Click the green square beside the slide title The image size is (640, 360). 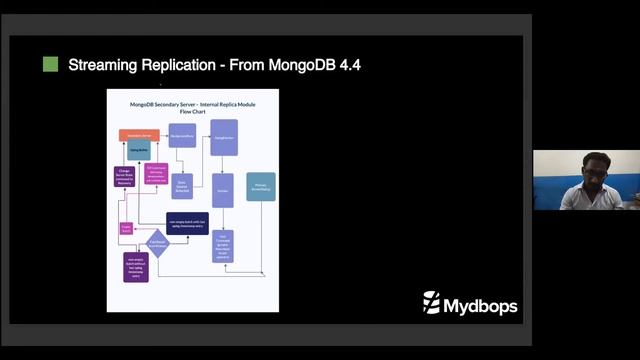[50, 65]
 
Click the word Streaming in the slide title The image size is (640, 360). [107, 66]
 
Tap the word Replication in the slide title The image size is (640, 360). [182, 66]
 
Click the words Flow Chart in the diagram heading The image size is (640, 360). [191, 112]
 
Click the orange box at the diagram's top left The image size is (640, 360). [139, 134]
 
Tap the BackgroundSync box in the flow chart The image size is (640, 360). [181, 134]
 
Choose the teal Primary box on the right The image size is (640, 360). [261, 186]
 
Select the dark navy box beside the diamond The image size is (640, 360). [187, 223]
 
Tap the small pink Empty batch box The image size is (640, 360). [126, 229]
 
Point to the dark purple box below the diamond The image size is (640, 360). [135, 267]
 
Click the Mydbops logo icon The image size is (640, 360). [432, 302]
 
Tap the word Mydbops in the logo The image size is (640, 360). [480, 305]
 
